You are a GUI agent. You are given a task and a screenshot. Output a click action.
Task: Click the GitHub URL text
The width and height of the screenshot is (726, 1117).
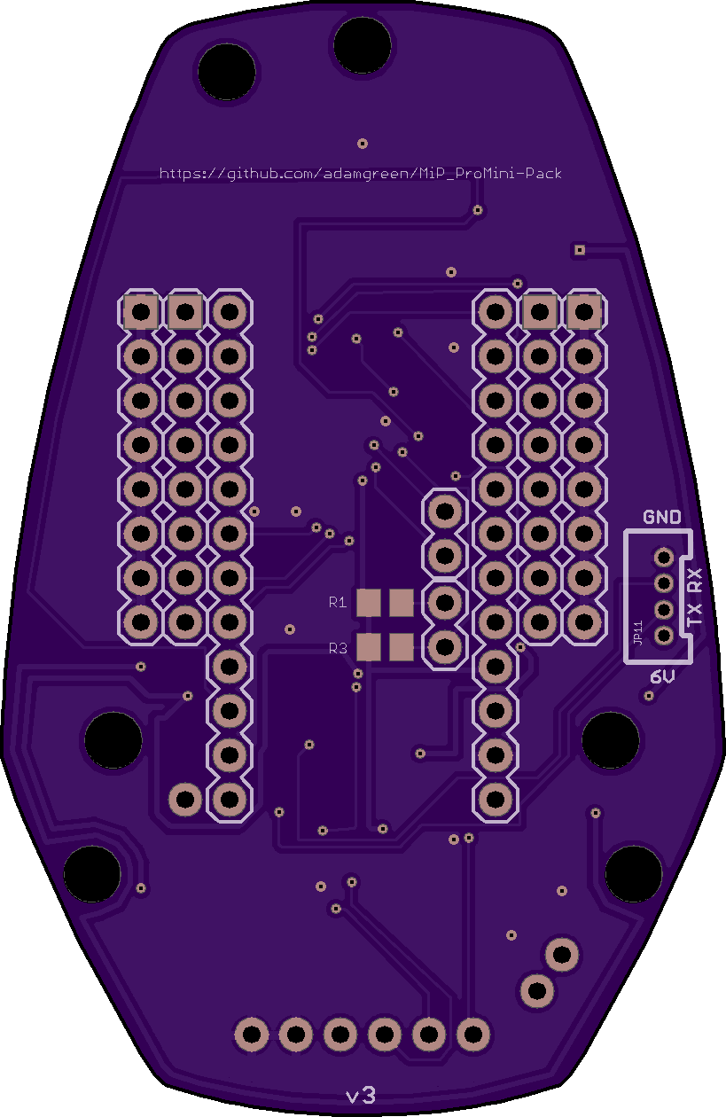(361, 174)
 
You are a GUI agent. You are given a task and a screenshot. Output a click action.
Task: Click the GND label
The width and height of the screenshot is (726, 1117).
(661, 517)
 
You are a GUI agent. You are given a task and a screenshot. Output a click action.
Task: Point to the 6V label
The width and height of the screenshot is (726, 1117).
(663, 677)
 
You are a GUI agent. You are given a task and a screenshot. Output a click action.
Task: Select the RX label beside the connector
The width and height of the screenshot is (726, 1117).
(695, 580)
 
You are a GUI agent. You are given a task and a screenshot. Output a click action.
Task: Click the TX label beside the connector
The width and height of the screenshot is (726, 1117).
(695, 614)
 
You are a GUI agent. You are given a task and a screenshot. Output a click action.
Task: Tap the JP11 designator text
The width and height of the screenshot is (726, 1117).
(637, 633)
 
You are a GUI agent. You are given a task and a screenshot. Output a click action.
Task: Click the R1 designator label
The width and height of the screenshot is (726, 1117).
(338, 603)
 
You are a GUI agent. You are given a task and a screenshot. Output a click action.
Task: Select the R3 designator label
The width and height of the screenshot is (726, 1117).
(338, 648)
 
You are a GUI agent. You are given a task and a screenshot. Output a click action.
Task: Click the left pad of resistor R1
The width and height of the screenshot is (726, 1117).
(369, 603)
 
